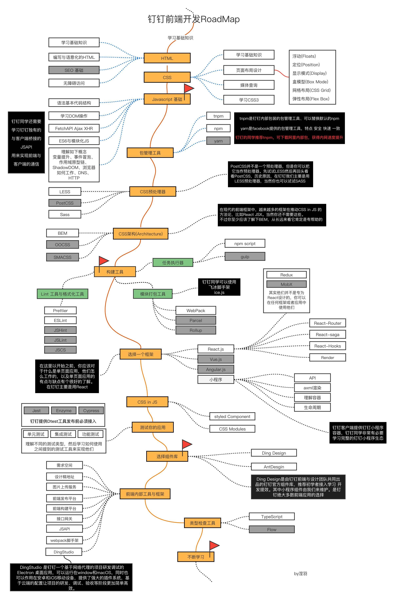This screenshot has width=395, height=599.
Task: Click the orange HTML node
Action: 167,58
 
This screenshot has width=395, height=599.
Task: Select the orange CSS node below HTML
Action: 167,77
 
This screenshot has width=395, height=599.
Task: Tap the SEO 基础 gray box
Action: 74,70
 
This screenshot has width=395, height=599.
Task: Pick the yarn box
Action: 218,141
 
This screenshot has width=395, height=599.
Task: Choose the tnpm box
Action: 218,116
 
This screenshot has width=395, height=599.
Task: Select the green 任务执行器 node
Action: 173,262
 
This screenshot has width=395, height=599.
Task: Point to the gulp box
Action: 245,256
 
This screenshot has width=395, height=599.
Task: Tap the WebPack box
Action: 196,310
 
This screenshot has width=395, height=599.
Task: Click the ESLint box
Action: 60,320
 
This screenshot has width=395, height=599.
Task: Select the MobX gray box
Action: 286,284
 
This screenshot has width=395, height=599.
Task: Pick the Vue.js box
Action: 216,359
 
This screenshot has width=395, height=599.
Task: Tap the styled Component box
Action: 232,416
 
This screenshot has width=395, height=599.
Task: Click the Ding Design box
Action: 274,453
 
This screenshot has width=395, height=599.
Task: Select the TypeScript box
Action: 272,516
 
